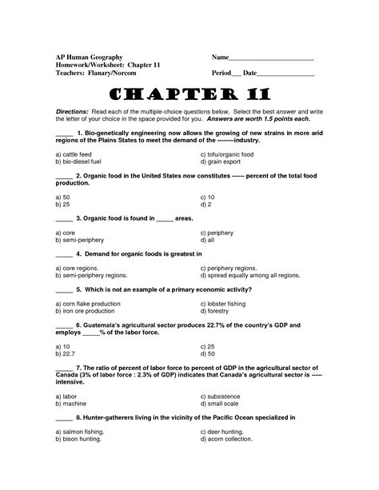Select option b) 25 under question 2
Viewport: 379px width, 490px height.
(60, 203)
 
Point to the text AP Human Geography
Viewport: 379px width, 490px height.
(89, 58)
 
